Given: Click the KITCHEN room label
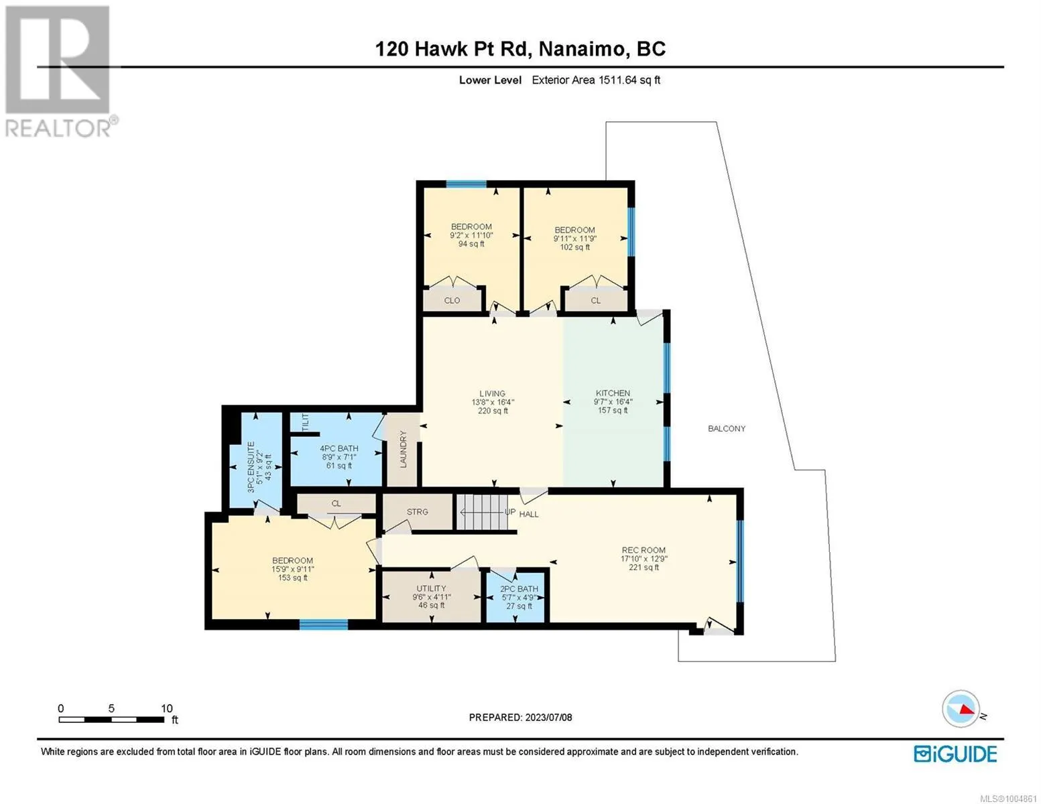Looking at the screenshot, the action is tap(613, 393).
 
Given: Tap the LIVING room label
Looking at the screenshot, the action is tap(493, 393).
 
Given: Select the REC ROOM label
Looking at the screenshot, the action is tap(644, 550).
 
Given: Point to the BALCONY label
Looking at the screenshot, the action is tap(727, 429).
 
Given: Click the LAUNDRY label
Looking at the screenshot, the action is tap(403, 449).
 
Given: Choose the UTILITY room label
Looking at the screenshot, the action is tap(431, 588).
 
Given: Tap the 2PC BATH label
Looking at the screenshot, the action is tap(519, 588).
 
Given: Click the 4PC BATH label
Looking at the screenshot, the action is tap(339, 449).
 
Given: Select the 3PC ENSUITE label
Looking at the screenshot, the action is tap(251, 468).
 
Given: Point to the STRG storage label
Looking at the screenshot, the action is tap(417, 512).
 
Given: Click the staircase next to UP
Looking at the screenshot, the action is tap(481, 513).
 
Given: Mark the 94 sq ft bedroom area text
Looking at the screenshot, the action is tap(471, 244).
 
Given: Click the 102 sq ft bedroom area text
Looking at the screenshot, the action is tap(575, 247).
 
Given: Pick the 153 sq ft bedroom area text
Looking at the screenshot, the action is tap(293, 578).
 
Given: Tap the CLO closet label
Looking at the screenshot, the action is tap(452, 300).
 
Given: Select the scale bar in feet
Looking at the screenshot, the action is tap(112, 719).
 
